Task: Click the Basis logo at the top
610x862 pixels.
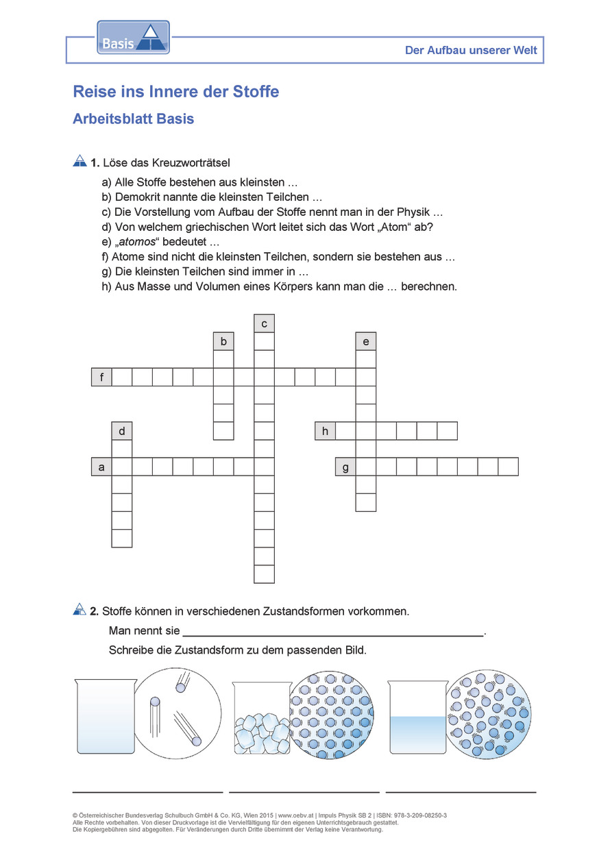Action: pyautogui.click(x=133, y=37)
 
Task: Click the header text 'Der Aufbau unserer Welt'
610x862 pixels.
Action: pyautogui.click(x=472, y=51)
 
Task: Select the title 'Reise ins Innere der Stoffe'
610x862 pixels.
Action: pyautogui.click(x=175, y=92)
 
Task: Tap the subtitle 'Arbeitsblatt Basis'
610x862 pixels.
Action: pyautogui.click(x=133, y=119)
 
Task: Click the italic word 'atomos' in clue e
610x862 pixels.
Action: pyautogui.click(x=135, y=242)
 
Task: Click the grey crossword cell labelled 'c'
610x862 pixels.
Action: pyautogui.click(x=264, y=323)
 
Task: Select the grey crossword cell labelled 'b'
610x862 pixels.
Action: pyautogui.click(x=223, y=341)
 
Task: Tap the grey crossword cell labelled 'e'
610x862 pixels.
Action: pyautogui.click(x=365, y=341)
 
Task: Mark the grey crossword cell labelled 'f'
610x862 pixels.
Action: pyautogui.click(x=101, y=377)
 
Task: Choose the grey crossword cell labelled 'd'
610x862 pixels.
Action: pyautogui.click(x=122, y=431)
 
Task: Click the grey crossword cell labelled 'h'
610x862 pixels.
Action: pyautogui.click(x=325, y=431)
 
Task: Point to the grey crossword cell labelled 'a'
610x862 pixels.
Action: pyautogui.click(x=101, y=467)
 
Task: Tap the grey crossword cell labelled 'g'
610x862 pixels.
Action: pyautogui.click(x=345, y=467)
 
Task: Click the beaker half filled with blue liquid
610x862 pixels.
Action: pyautogui.click(x=417, y=718)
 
